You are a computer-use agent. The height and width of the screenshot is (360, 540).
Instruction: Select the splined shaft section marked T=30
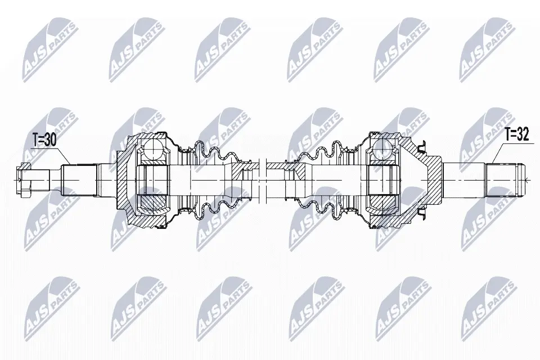pos(78,180)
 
